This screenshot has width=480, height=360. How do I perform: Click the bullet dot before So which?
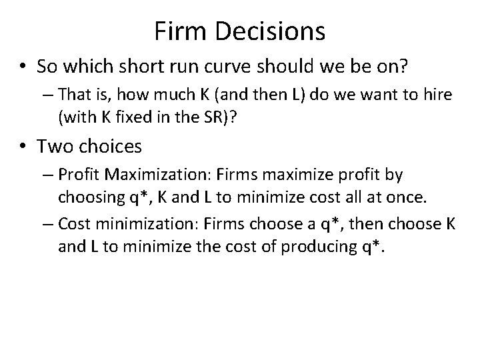(x=24, y=67)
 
